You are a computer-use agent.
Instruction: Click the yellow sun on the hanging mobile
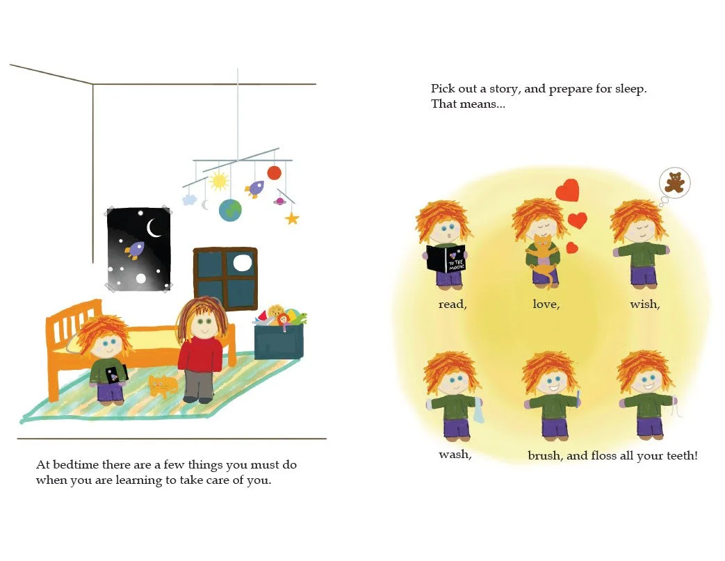coord(219,181)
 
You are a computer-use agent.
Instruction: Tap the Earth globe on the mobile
coord(230,210)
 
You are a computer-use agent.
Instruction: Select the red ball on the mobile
coord(274,172)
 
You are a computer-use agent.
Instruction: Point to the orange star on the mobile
coord(292,218)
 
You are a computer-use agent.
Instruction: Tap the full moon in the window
coord(241,262)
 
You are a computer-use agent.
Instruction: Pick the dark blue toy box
coord(277,342)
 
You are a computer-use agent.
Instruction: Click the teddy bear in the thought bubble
coord(674,183)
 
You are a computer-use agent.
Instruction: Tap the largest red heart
coord(568,190)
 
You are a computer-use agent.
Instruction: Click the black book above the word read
coord(446,259)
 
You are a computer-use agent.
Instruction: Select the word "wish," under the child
coord(644,304)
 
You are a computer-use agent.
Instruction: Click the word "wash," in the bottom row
coord(455,455)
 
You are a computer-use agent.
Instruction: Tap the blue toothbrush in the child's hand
coord(577,397)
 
